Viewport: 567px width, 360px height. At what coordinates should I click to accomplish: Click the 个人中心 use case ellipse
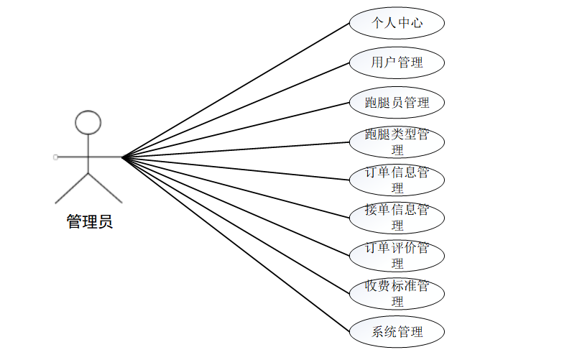click(x=397, y=23)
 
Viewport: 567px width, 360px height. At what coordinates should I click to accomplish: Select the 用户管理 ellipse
click(x=397, y=63)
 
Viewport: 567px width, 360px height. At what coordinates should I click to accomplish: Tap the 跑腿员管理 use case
click(x=397, y=102)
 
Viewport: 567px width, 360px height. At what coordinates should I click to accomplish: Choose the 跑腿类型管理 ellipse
click(x=397, y=142)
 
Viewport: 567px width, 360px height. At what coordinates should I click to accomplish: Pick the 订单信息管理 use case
click(x=397, y=180)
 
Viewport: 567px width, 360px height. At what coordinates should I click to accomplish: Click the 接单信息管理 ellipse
click(x=397, y=217)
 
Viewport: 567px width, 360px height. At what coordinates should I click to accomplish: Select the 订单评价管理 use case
click(x=397, y=255)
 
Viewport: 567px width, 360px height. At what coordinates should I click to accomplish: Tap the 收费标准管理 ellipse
click(x=397, y=293)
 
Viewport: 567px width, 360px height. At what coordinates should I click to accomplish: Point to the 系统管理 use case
click(x=397, y=332)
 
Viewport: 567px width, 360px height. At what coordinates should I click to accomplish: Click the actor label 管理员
click(x=90, y=222)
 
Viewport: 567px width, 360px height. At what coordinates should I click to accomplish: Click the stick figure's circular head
click(x=88, y=122)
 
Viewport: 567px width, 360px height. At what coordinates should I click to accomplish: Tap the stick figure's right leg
click(x=105, y=188)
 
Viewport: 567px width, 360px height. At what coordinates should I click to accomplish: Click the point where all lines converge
click(x=122, y=157)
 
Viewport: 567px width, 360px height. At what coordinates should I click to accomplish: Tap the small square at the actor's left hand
click(x=55, y=157)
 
